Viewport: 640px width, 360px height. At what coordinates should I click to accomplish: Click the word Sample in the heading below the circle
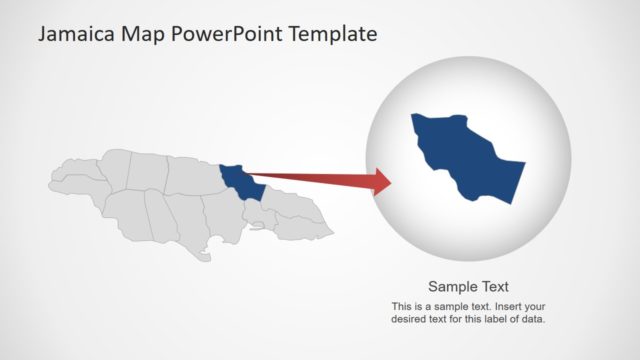451,285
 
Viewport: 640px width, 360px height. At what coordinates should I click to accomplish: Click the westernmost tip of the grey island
51,182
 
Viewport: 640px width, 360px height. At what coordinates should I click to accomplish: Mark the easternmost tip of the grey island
333,236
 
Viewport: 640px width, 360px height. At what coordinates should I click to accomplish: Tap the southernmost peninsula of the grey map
205,257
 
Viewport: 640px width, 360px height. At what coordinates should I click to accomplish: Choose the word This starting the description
401,306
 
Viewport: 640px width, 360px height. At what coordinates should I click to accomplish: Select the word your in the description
533,306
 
